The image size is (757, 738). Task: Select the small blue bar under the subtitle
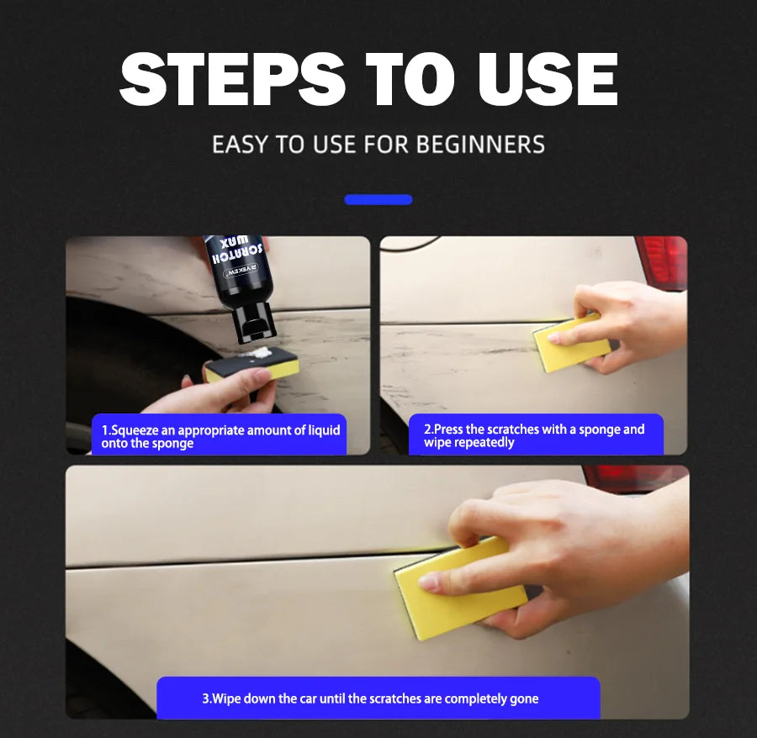point(378,200)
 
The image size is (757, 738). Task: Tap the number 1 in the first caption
point(104,430)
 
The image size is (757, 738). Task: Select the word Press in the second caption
point(449,430)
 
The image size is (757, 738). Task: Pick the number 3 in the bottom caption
point(205,698)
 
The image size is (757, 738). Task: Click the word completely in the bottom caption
point(475,698)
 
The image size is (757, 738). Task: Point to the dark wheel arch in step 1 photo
point(109,353)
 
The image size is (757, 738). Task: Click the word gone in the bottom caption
point(524,698)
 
